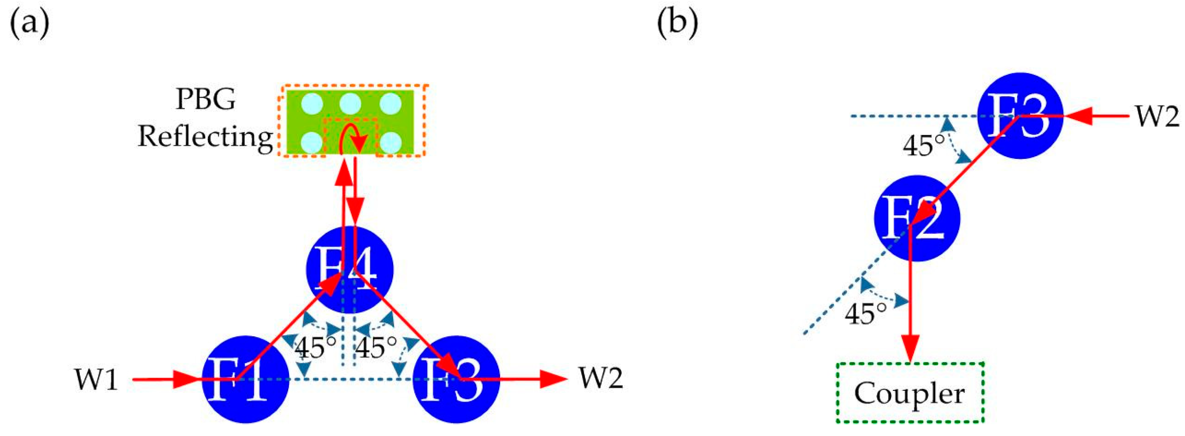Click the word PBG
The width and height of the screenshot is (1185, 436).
tap(206, 99)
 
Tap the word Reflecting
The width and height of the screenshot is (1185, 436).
tap(206, 137)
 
